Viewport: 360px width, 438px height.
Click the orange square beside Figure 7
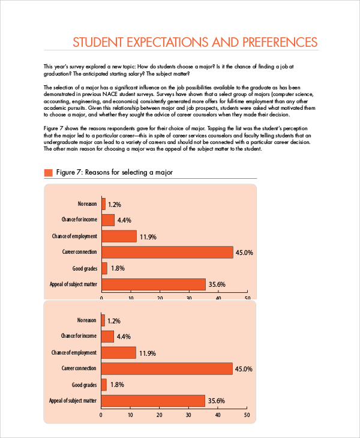click(49, 173)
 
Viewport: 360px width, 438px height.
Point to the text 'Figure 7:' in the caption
click(69, 173)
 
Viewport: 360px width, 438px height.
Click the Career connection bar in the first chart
click(167, 253)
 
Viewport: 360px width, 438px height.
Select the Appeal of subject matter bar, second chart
click(153, 400)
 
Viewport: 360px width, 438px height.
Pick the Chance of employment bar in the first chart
click(119, 236)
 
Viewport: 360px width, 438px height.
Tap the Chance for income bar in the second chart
click(107, 337)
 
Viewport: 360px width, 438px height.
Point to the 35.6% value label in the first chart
click(216, 284)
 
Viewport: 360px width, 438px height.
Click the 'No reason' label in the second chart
click(86, 320)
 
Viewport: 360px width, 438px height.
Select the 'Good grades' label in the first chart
click(84, 268)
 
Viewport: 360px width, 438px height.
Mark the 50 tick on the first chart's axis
click(247, 298)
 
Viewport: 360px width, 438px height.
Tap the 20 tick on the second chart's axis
click(159, 415)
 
